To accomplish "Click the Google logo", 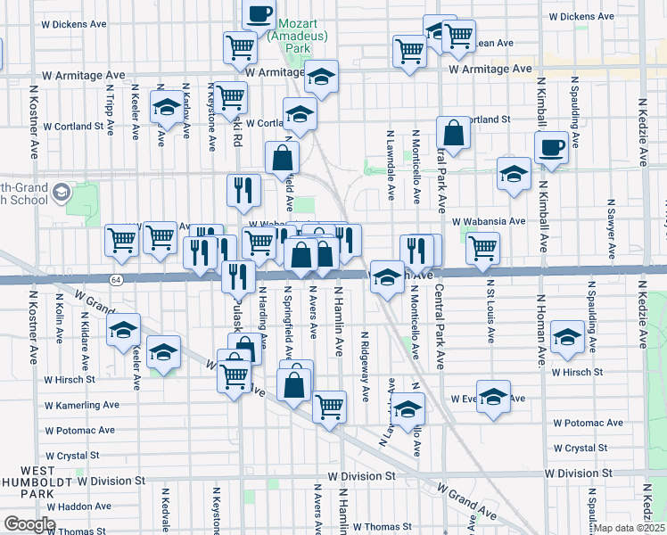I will click(x=29, y=524).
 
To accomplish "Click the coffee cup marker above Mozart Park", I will click(x=259, y=13).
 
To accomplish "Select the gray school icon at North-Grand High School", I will click(x=62, y=192).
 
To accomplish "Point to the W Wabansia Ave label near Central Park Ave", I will click(x=489, y=221).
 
